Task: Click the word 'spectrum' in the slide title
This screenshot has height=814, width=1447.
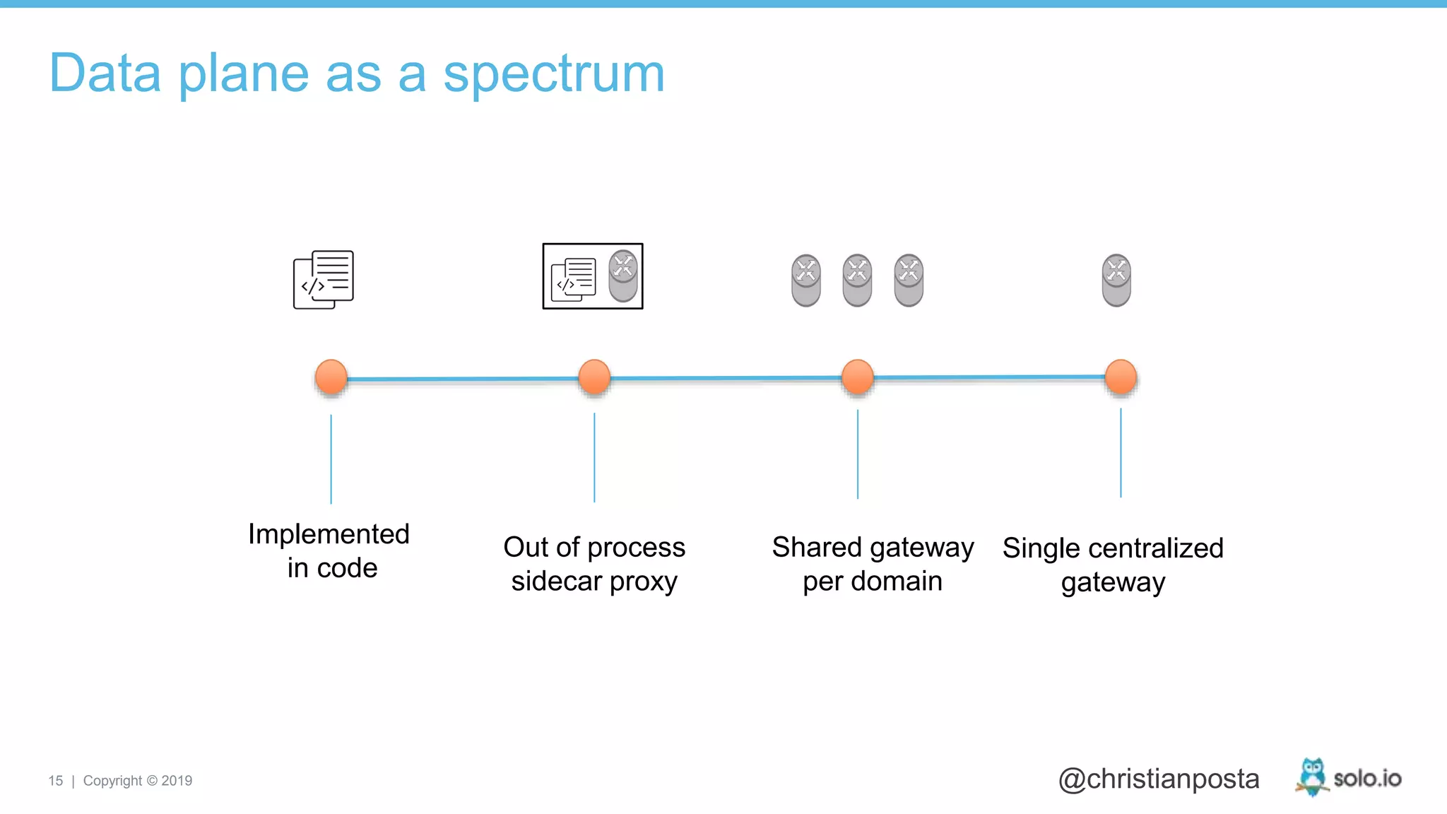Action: (554, 74)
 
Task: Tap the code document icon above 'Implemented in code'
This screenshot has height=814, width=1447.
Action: (324, 280)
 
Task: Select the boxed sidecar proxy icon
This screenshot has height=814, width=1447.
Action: (593, 276)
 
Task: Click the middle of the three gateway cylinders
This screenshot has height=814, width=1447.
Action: (857, 281)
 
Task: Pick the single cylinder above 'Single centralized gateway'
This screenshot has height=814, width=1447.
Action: (1116, 281)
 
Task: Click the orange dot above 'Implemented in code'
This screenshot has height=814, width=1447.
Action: (331, 377)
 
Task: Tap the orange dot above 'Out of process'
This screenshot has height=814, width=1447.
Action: (594, 377)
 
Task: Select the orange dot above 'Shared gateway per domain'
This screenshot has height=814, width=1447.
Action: (858, 377)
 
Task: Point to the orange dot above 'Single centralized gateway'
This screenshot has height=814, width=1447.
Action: (1121, 377)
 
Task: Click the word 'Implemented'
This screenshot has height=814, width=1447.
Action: (329, 535)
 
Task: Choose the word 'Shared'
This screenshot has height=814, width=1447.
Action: (817, 548)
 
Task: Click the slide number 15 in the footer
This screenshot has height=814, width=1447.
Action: (56, 781)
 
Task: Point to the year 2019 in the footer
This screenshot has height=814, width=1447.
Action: (177, 781)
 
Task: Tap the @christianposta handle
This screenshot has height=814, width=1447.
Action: (1159, 779)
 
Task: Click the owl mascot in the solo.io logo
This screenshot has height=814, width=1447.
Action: (1312, 777)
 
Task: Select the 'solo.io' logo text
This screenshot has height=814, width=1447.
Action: (1367, 779)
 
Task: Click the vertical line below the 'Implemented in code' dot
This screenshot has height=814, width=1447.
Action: (331, 459)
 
